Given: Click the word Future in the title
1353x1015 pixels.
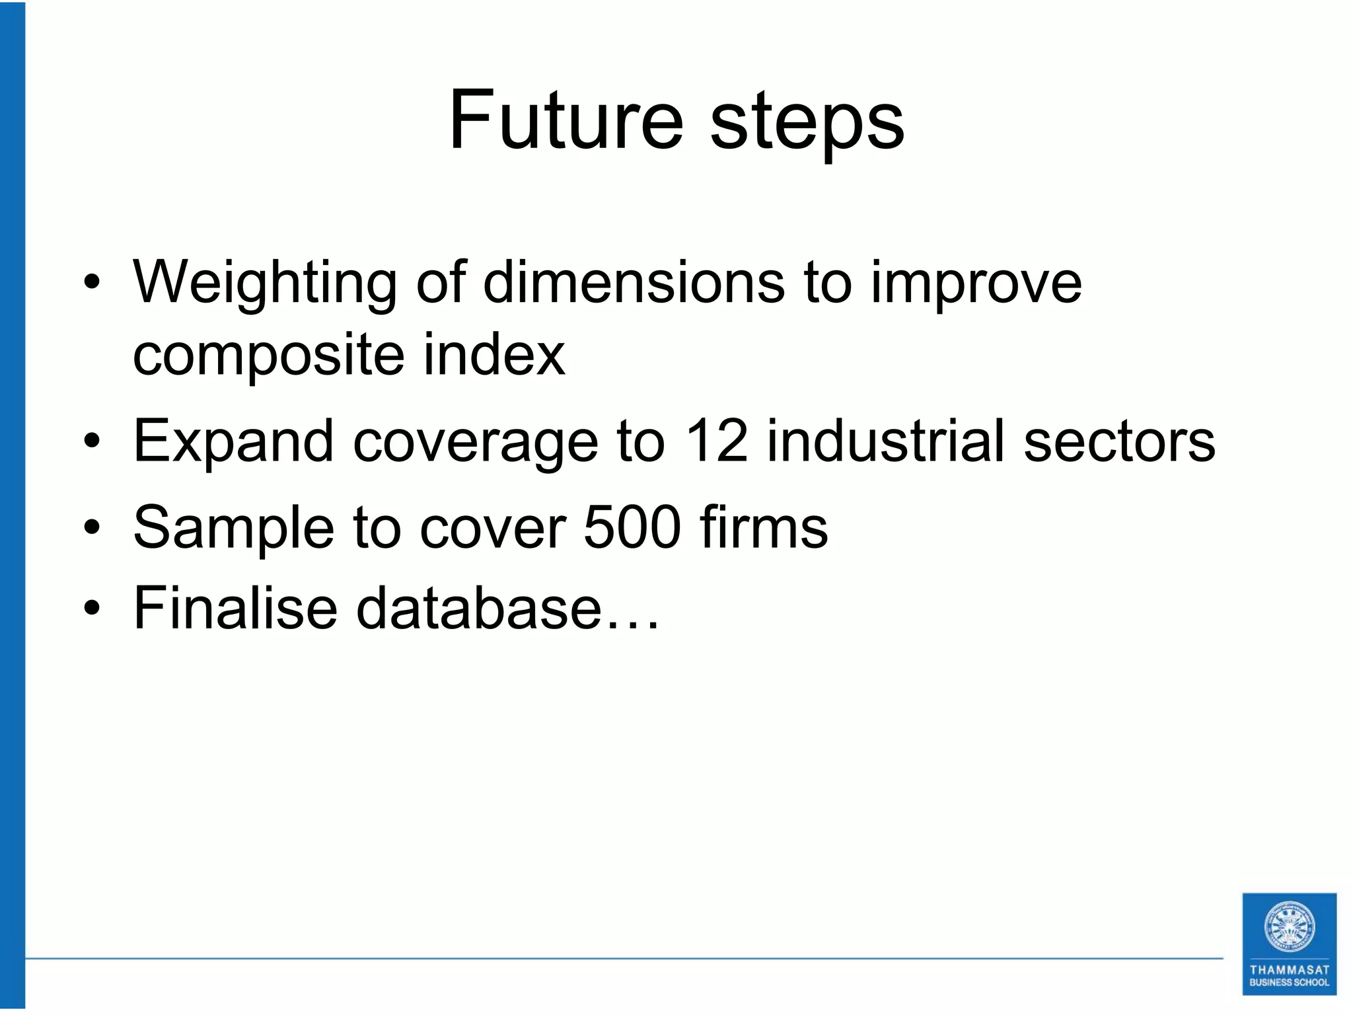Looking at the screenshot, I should click(566, 122).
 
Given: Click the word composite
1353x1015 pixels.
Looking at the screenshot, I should click(268, 357).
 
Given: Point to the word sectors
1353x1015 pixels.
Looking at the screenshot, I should click(1119, 441).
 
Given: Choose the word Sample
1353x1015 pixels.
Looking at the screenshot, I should click(234, 529).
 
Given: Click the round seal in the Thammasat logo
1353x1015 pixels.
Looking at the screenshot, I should click(1289, 926).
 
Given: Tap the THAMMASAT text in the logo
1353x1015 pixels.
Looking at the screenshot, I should click(1289, 970).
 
